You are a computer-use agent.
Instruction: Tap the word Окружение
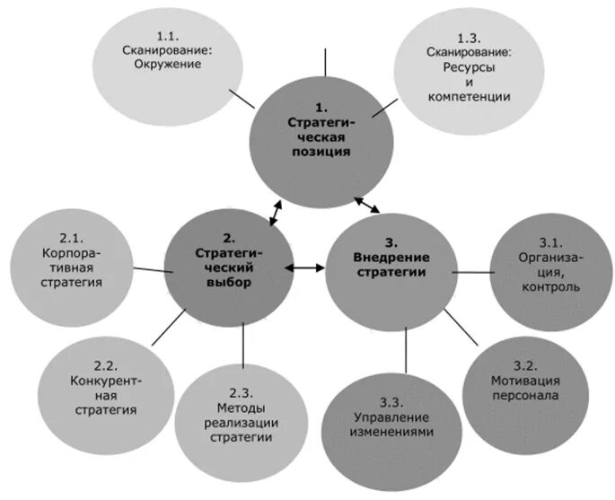[169, 65]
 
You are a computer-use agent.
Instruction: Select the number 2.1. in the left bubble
[72, 238]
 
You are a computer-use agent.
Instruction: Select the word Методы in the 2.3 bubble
[241, 408]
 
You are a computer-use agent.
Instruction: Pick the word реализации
[241, 422]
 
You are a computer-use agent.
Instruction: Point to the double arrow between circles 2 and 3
[308, 267]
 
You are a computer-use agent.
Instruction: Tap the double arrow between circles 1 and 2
[277, 214]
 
